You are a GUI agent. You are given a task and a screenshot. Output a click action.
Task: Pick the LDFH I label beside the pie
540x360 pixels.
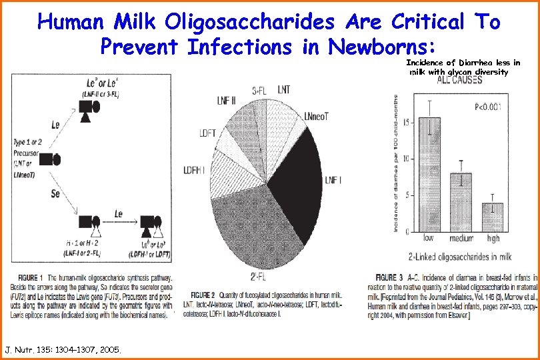click(x=198, y=171)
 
